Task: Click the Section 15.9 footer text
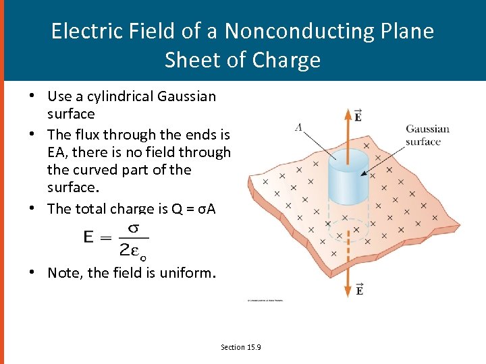(x=241, y=346)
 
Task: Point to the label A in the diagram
(x=298, y=126)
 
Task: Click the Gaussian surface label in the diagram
(x=427, y=135)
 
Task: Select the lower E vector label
(x=359, y=290)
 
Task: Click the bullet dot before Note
(x=32, y=272)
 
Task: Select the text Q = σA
(x=194, y=208)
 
